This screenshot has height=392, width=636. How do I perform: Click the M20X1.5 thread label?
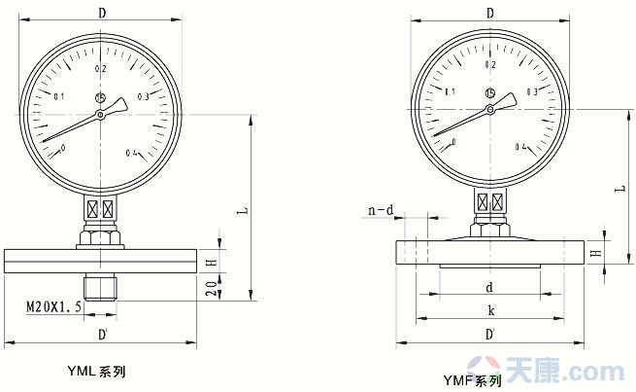click(54, 305)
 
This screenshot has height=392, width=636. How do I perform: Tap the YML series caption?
click(96, 371)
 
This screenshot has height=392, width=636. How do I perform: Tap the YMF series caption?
click(472, 380)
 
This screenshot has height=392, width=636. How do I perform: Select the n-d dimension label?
click(381, 210)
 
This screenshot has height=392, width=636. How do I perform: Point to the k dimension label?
click(490, 310)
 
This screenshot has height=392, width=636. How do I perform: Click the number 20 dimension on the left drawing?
click(212, 288)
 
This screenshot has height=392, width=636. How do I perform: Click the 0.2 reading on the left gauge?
click(101, 69)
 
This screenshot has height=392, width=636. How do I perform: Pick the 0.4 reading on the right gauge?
click(521, 147)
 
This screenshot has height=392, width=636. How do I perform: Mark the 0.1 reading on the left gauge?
click(59, 96)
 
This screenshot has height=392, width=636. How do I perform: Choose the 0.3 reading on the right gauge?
click(532, 91)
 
